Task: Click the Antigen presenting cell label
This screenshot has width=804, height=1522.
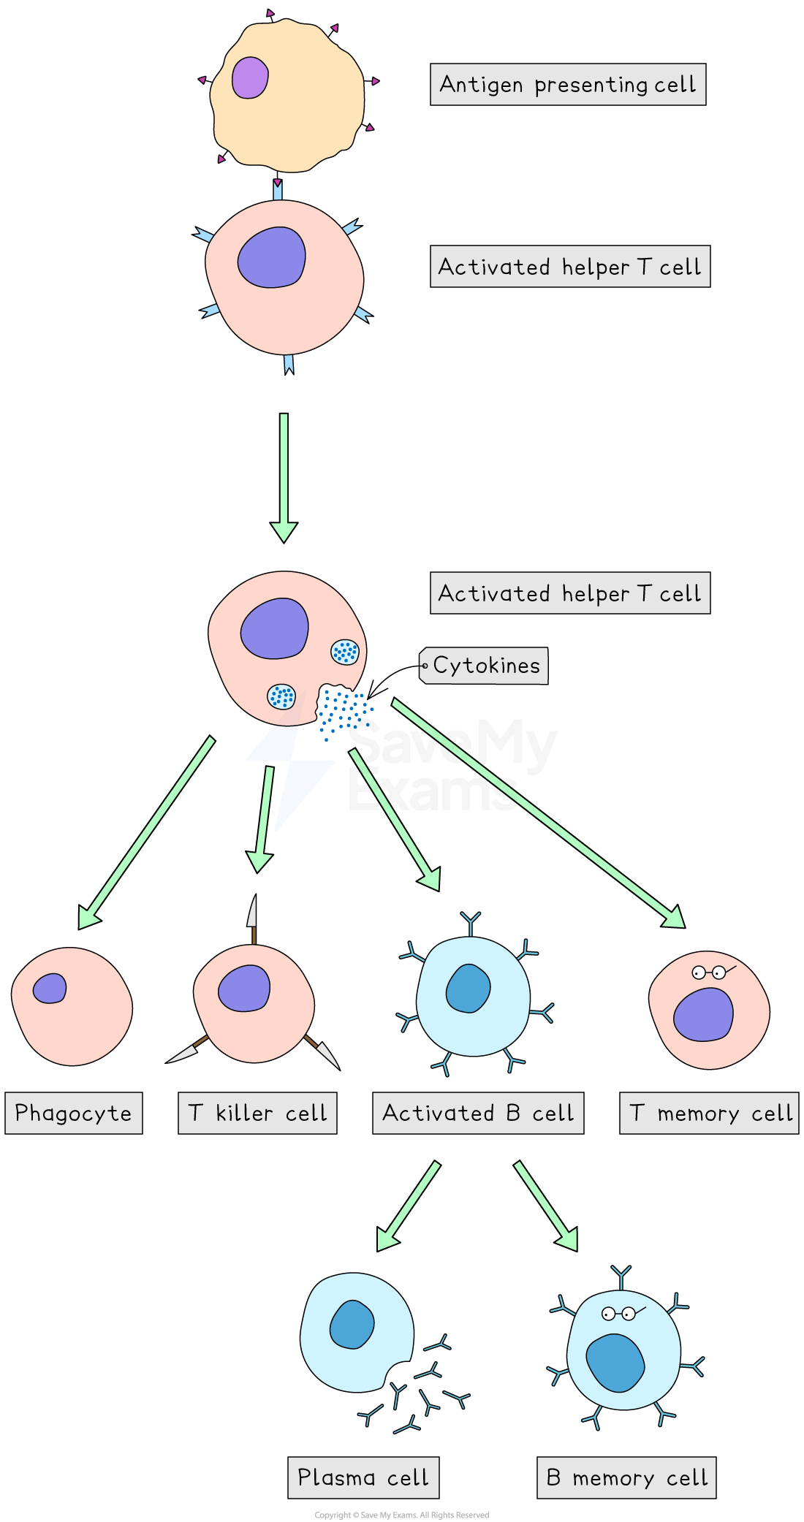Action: coord(567,85)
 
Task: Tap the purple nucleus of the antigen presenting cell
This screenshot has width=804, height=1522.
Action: coord(250,77)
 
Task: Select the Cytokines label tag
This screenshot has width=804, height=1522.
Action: coord(485,666)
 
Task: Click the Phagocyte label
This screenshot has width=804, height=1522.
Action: coord(73,1113)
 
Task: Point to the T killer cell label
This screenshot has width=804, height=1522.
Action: coord(257,1113)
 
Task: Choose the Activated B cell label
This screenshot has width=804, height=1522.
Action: coord(478,1113)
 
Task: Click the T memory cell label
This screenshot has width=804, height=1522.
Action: coord(709,1113)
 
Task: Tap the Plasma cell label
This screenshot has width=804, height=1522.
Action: coord(363,1477)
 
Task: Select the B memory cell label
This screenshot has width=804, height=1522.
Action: coord(626,1477)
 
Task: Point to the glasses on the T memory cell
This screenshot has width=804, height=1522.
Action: coord(710,973)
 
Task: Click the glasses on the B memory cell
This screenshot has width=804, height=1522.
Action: coord(619,1314)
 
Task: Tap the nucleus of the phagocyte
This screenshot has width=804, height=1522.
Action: coord(50,989)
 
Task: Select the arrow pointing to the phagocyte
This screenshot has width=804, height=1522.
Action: coord(146,833)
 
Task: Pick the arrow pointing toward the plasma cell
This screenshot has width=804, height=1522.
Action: coord(409,1206)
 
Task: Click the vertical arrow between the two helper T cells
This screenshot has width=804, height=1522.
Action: coord(284,475)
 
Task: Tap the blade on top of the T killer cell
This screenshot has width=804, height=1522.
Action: coord(252,912)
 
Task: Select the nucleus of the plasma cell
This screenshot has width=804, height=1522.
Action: coord(352,1324)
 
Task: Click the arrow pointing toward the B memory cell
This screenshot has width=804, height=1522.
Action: coord(545,1206)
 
